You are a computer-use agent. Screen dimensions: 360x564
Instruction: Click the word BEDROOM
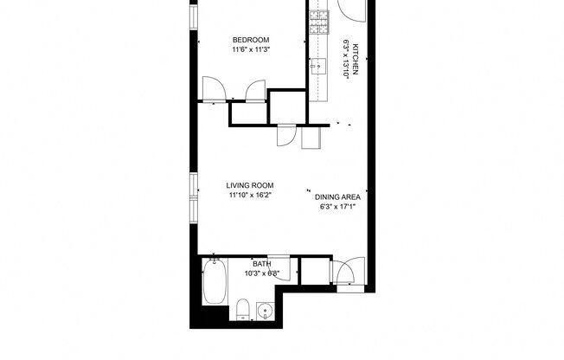point(251,40)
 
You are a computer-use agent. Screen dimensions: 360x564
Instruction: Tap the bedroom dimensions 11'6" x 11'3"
point(251,49)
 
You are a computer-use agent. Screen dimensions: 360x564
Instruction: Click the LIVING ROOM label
point(250,185)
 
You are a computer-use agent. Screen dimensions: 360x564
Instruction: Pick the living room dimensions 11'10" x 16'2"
point(250,196)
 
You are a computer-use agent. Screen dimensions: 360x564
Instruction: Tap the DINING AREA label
point(336,197)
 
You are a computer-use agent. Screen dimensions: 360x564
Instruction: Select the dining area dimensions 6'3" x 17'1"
point(336,207)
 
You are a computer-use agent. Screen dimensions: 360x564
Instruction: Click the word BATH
point(261,263)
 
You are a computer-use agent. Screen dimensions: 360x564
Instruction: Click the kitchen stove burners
point(319,22)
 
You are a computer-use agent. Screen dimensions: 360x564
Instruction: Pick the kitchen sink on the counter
point(317,65)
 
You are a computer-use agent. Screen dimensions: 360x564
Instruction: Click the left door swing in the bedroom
point(212,89)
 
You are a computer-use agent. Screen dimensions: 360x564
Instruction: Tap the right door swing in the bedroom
point(254,91)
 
